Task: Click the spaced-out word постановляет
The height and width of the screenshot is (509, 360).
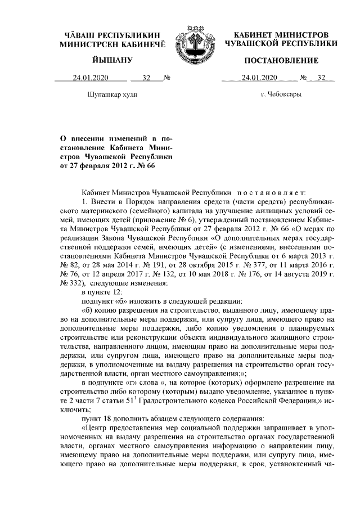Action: [x=271, y=192]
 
